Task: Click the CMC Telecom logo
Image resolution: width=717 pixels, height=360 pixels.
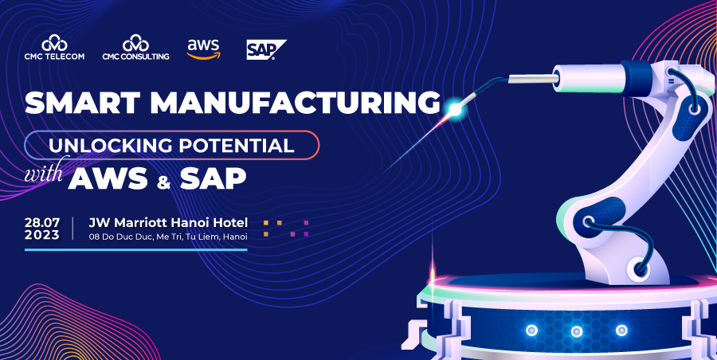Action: click(x=54, y=48)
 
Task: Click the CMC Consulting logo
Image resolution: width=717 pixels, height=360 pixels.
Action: click(x=135, y=48)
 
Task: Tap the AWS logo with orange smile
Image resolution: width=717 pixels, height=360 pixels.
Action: click(x=203, y=49)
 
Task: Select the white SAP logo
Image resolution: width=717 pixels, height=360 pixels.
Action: click(x=266, y=49)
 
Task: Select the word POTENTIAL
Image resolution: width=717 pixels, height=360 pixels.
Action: click(x=237, y=146)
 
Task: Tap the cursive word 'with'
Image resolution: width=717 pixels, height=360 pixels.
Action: click(x=44, y=172)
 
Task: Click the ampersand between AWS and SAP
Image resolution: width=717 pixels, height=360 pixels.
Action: click(x=163, y=182)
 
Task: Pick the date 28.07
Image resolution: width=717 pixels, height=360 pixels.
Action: click(x=42, y=223)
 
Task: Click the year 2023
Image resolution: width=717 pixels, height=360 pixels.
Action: click(x=42, y=235)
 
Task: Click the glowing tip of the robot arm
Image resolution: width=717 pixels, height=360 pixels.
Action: click(x=455, y=109)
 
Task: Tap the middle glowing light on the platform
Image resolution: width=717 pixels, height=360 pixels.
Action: click(x=577, y=331)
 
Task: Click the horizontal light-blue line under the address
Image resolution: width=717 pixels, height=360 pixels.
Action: click(x=135, y=250)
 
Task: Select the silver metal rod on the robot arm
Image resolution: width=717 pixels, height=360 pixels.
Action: click(x=534, y=79)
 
